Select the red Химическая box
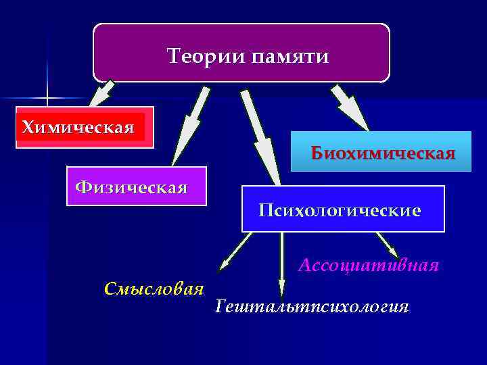tap(85, 127)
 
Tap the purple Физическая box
tap(137, 186)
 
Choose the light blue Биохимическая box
tap(381, 151)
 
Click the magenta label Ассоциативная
tap(369, 265)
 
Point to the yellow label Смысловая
tap(154, 289)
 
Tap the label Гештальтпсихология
tap(312, 308)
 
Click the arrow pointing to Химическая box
tap(103, 93)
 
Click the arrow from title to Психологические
tap(260, 135)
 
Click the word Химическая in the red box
tap(78, 127)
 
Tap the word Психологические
tap(340, 211)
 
